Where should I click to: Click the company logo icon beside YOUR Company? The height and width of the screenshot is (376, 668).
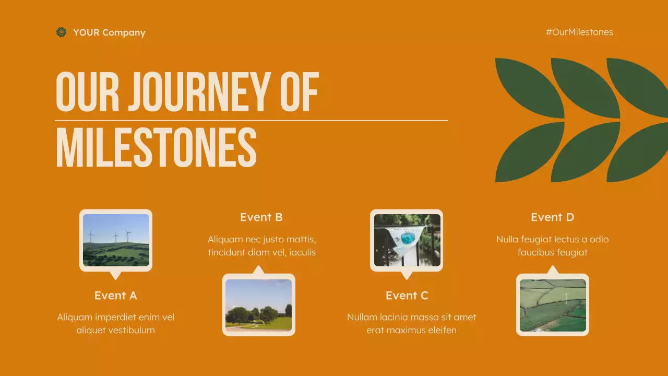click(62, 32)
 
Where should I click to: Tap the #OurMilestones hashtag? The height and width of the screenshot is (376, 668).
click(579, 32)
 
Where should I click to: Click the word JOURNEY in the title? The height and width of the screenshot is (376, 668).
click(198, 92)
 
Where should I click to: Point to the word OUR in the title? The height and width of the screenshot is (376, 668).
click(87, 92)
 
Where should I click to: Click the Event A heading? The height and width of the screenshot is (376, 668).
click(115, 296)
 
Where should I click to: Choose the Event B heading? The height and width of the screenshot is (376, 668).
click(261, 217)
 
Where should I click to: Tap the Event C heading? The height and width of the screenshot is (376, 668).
click(407, 296)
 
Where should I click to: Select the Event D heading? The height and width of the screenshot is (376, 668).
click(552, 217)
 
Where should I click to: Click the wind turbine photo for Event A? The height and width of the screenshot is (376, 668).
click(116, 240)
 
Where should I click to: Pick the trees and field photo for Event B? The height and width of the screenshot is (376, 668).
click(259, 305)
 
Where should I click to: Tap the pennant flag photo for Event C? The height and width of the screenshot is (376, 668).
click(407, 240)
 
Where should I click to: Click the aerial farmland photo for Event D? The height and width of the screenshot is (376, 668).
click(553, 305)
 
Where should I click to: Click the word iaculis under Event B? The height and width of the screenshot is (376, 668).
click(300, 252)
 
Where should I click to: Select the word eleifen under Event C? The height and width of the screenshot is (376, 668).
click(441, 330)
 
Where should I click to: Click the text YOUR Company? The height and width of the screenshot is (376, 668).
click(109, 32)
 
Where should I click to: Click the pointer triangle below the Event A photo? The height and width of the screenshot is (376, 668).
click(116, 275)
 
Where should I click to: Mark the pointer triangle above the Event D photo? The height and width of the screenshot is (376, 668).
click(553, 270)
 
